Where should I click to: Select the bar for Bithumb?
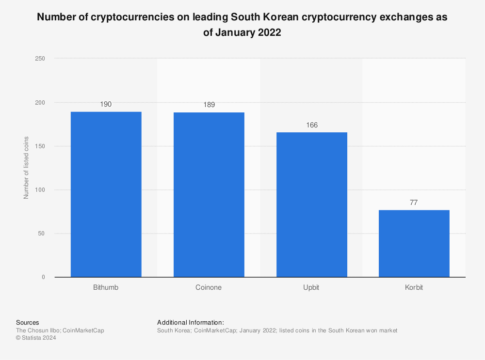tap(106, 194)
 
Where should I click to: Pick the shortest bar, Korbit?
tap(414, 243)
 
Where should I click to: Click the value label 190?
tap(106, 104)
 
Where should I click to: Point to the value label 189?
tap(209, 105)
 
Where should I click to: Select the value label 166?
tap(311, 125)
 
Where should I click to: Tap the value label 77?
tap(414, 203)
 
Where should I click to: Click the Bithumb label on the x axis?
tap(106, 287)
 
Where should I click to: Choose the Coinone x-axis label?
tap(209, 287)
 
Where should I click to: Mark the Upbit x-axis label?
tap(311, 287)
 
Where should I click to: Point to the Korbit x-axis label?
tap(414, 287)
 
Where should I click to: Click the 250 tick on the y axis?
tap(40, 59)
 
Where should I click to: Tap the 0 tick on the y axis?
tap(43, 277)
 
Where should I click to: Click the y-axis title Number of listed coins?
tap(26, 168)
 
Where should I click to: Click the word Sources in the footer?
tap(28, 322)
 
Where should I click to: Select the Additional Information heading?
tap(190, 322)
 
